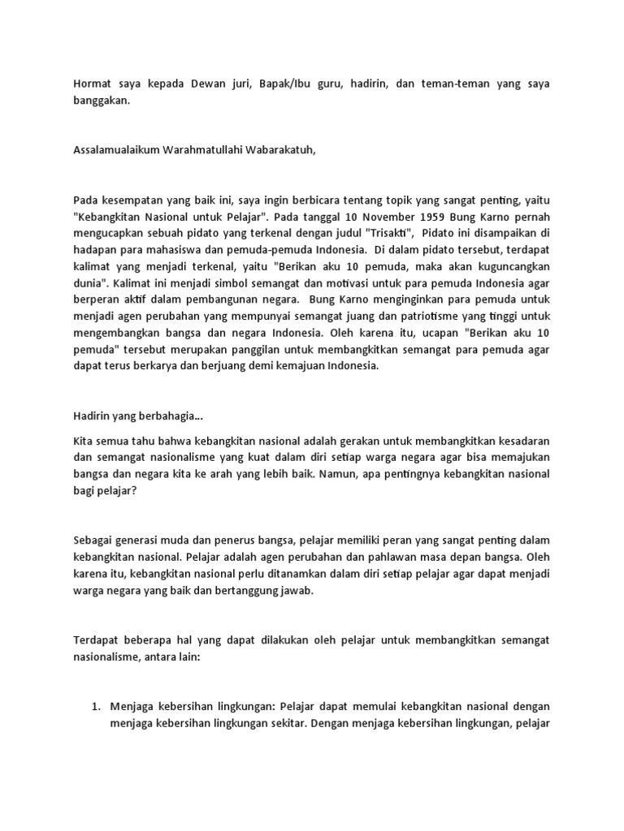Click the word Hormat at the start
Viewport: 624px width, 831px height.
pos(93,84)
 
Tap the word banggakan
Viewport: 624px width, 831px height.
pos(101,101)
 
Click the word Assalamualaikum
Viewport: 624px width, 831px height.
pos(116,150)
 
